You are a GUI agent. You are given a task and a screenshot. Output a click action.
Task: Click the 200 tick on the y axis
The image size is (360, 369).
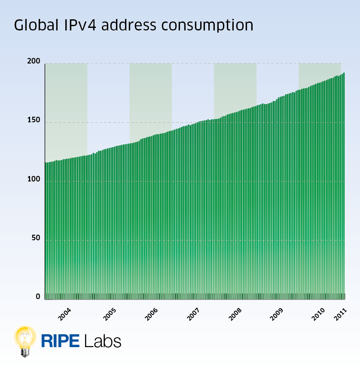[34, 61]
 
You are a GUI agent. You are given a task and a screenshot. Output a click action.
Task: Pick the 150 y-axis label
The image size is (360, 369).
[34, 120]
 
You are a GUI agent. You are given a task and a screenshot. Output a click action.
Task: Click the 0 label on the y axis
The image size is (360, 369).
[38, 296]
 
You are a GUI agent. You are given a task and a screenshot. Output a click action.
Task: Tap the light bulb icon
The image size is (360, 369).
[25, 340]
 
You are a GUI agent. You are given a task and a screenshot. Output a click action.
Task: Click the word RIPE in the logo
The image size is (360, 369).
[61, 341]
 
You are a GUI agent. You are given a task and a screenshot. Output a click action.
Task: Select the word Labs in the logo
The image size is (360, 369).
[103, 341]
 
